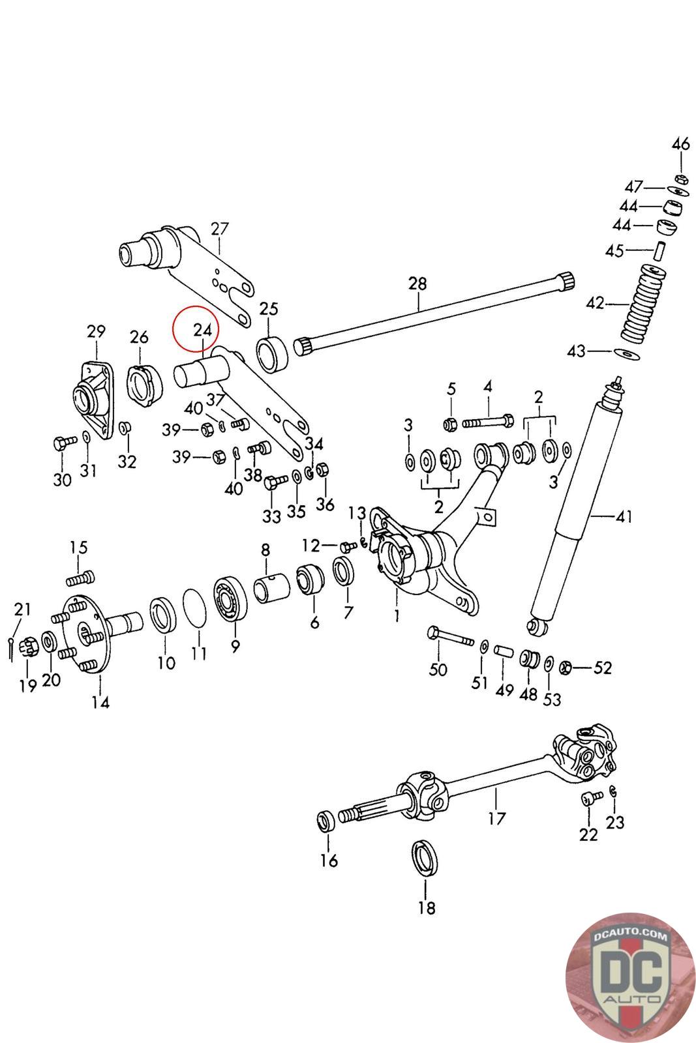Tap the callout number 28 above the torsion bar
(417, 284)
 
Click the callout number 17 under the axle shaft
(496, 817)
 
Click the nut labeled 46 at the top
(679, 178)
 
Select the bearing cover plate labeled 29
(92, 394)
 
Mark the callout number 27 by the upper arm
(220, 229)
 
